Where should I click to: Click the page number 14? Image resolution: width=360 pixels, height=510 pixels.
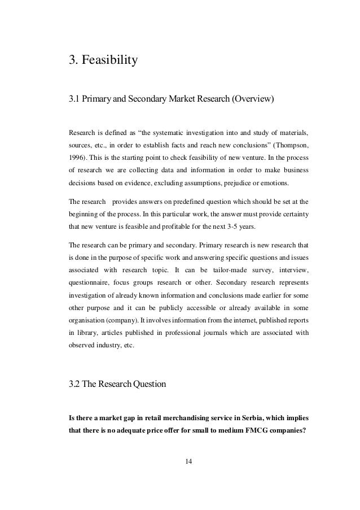coord(189,463)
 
